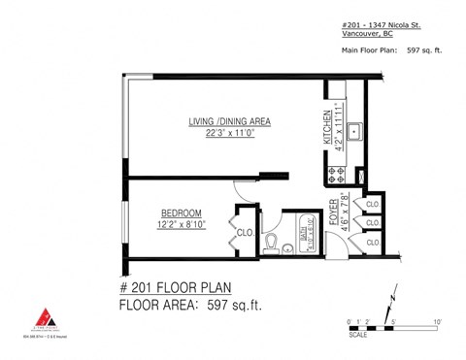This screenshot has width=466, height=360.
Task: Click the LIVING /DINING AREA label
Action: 229,121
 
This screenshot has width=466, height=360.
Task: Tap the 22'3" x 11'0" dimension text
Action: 229,134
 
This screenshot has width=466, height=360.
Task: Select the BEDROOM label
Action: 181,213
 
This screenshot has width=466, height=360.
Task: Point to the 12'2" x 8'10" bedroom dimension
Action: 182,225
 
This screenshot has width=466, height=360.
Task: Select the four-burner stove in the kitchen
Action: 339,176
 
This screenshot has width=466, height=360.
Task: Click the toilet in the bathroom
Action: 273,240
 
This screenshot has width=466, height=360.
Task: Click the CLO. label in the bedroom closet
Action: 246,234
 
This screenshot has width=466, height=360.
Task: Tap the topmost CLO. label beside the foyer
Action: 372,204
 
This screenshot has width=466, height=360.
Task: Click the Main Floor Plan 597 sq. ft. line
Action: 390,49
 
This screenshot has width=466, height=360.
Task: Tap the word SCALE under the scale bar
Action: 359,337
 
